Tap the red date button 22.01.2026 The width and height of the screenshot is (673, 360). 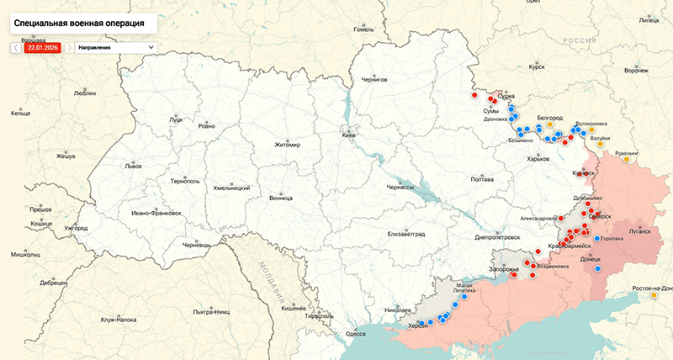pyautogui.click(x=41, y=48)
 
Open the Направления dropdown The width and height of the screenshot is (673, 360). pyautogui.click(x=116, y=48)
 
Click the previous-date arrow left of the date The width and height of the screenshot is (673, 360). pyautogui.click(x=16, y=48)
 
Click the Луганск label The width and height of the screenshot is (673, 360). pyautogui.click(x=639, y=230)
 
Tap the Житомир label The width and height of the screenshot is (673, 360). pyautogui.click(x=287, y=145)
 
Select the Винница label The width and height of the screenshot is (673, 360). pyautogui.click(x=280, y=198)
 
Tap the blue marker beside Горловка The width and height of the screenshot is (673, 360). pyautogui.click(x=597, y=238)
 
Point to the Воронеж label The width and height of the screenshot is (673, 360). pyautogui.click(x=636, y=71)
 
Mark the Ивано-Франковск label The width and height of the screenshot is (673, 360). pyautogui.click(x=156, y=213)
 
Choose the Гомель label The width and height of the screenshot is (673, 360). pyautogui.click(x=363, y=29)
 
